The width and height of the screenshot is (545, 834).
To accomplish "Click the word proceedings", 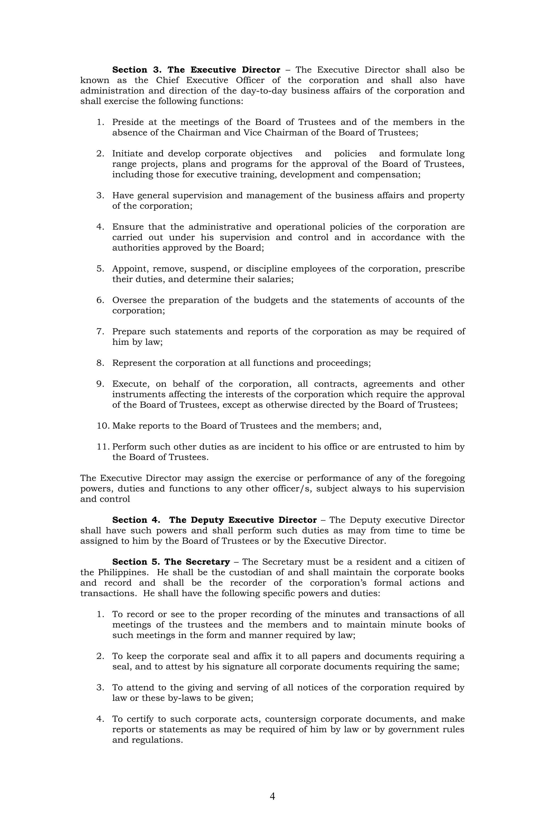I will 343,363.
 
